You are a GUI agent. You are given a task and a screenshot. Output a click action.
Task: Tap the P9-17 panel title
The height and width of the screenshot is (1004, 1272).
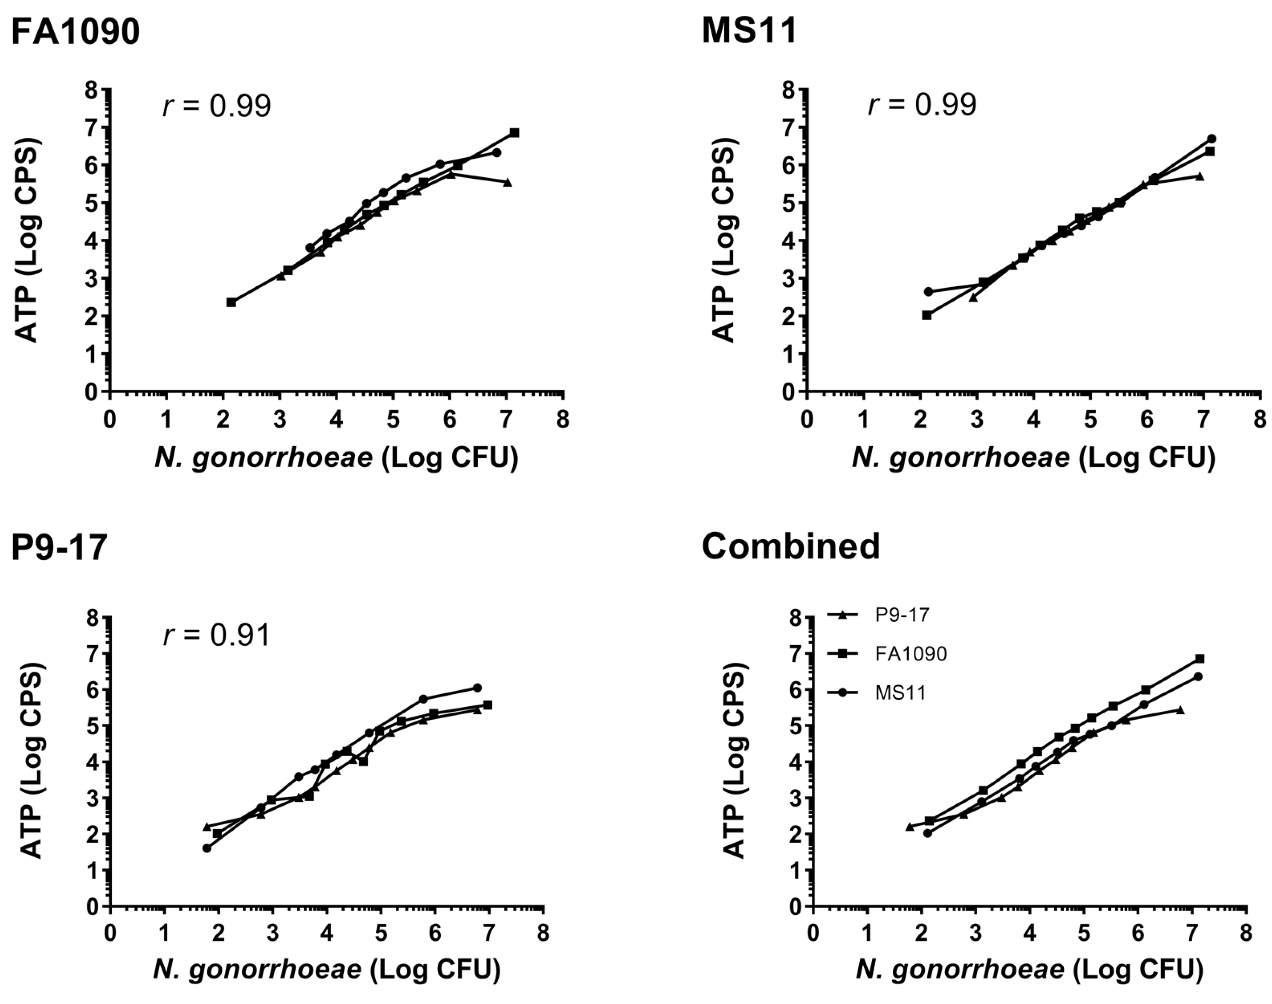point(59,547)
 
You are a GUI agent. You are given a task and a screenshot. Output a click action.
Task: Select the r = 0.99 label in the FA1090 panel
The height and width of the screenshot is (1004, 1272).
point(216,106)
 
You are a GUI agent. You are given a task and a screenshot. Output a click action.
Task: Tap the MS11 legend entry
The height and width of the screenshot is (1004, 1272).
point(900,693)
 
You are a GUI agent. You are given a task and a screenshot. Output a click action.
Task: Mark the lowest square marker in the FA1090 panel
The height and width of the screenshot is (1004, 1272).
point(231,302)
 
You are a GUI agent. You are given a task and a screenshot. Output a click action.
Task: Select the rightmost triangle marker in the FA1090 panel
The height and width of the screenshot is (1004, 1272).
point(508,182)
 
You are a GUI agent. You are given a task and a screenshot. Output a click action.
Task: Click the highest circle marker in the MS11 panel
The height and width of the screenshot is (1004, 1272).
point(1211,139)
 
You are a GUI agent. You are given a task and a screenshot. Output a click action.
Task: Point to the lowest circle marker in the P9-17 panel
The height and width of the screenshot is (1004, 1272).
point(207,848)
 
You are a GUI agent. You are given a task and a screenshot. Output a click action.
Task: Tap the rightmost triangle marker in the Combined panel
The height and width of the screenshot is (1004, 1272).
point(1180,710)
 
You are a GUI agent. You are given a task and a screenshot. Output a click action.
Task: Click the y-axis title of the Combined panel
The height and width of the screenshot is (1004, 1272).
point(733,761)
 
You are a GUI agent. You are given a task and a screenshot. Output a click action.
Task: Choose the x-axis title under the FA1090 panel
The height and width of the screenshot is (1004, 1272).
point(336,457)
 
